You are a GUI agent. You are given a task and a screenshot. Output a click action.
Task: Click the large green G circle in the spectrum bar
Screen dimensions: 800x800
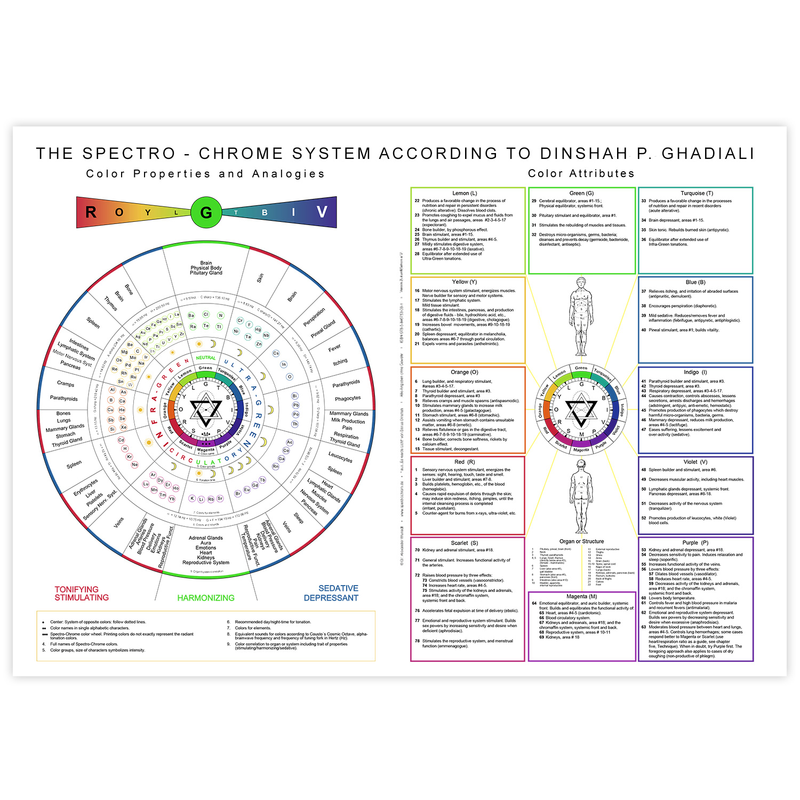click(206, 212)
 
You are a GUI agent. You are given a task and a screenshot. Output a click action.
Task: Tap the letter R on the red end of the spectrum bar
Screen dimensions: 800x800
click(91, 212)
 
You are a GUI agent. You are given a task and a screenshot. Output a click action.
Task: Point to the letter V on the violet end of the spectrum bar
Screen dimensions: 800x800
click(322, 212)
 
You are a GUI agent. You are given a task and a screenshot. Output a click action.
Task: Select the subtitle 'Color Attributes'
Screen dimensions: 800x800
click(581, 173)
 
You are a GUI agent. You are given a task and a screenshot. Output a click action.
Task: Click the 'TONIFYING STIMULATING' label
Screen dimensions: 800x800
click(81, 593)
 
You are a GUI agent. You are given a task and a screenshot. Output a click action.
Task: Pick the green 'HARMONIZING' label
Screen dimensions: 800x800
click(206, 598)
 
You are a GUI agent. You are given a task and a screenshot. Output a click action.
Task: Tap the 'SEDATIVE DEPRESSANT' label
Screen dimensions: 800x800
click(332, 593)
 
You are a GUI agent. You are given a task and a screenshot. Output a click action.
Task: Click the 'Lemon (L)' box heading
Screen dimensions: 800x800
click(465, 193)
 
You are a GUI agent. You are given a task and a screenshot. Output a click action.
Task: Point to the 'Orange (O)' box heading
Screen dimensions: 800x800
click(465, 372)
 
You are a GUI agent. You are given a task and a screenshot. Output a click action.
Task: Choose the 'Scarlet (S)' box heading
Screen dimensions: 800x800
click(465, 543)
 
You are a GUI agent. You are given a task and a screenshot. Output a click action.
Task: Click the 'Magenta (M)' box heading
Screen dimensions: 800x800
click(581, 596)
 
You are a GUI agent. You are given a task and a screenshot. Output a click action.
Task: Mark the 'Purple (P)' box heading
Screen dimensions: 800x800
click(695, 542)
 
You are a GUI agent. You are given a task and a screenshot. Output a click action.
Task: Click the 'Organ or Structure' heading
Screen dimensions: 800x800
click(581, 541)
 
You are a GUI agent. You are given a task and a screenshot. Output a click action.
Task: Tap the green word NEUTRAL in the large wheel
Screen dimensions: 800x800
click(206, 358)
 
